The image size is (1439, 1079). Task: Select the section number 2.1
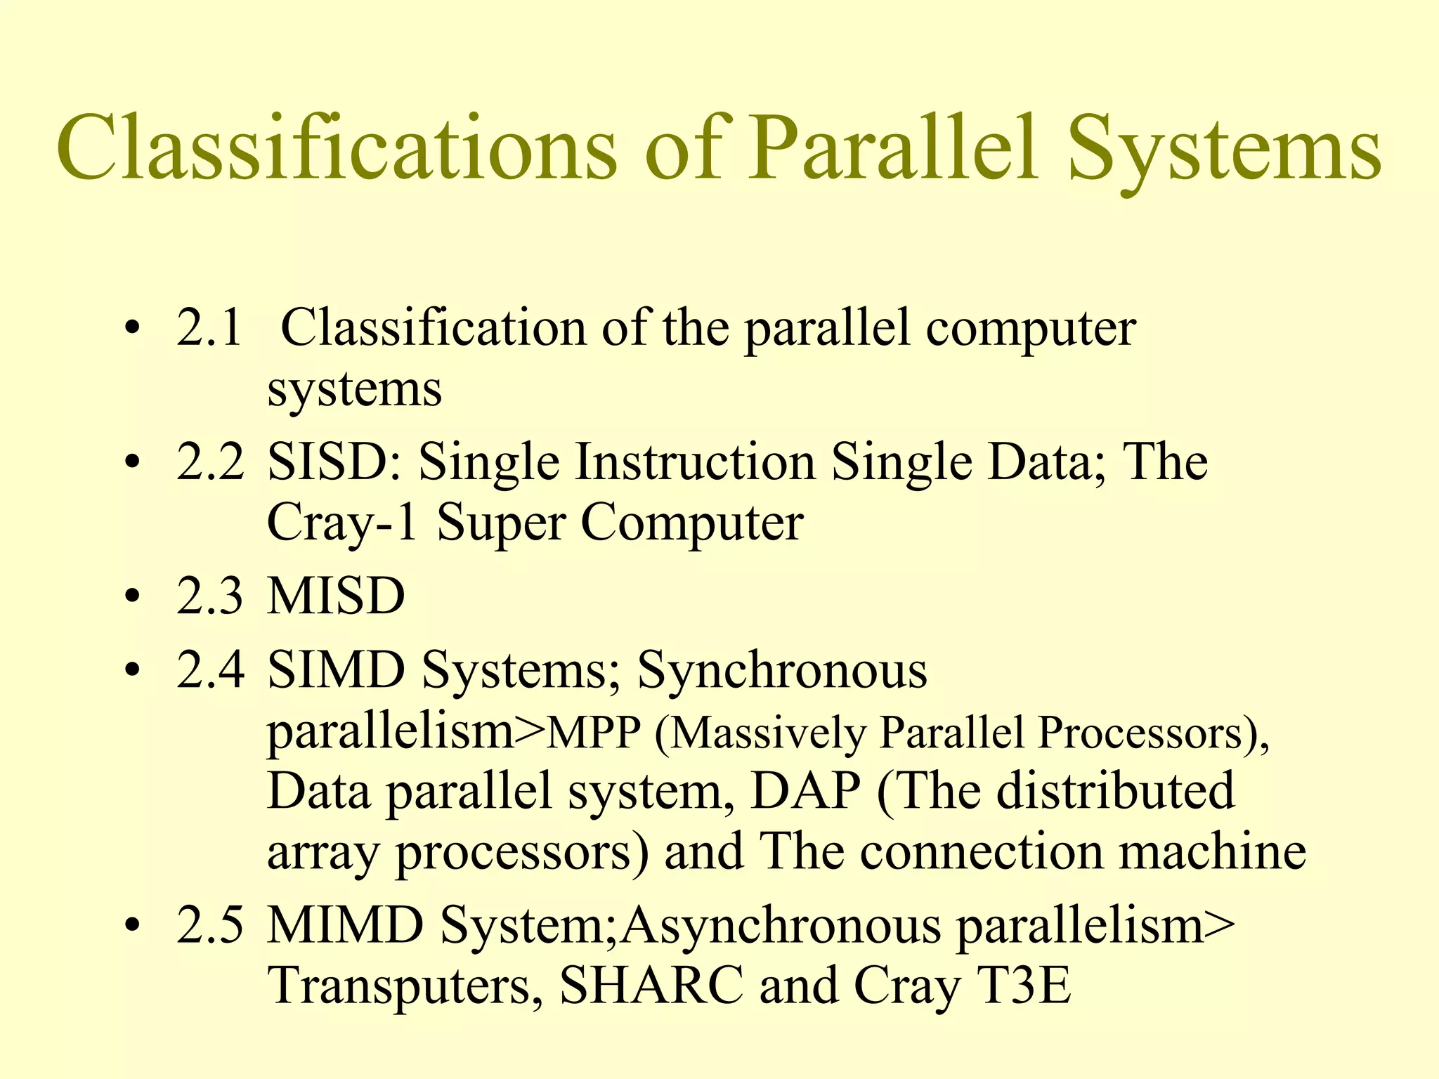[x=209, y=328]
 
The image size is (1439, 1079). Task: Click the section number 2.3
[x=209, y=596]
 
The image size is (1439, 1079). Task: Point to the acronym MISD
[x=336, y=596]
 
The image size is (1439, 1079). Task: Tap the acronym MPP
[x=594, y=734]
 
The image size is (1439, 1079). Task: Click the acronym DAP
[x=805, y=792]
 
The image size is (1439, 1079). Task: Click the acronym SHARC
[x=651, y=985]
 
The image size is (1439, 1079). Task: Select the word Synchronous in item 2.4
[x=782, y=669]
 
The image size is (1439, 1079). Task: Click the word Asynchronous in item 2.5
[x=780, y=926]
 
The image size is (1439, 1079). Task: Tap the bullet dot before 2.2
[x=131, y=464]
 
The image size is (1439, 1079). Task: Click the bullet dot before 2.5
[x=131, y=927]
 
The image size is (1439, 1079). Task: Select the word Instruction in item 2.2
[x=695, y=462]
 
